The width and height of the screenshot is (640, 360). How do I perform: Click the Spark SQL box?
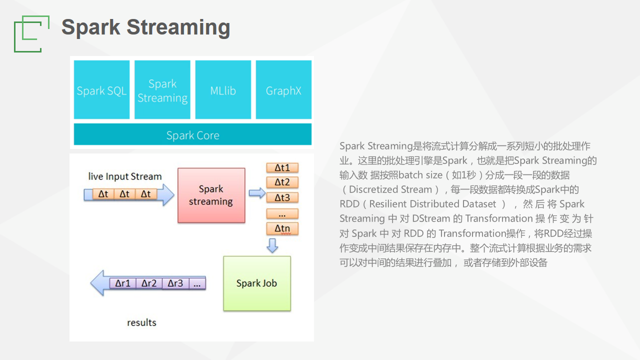(102, 90)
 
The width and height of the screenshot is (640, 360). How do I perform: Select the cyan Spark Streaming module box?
(162, 90)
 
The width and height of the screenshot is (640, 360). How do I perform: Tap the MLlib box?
(223, 90)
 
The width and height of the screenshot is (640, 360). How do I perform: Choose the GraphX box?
(283, 90)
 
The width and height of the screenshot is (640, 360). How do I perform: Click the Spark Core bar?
(192, 135)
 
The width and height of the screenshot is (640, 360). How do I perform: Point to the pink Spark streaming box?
(211, 195)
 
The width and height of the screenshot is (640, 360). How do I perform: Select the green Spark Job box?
(256, 283)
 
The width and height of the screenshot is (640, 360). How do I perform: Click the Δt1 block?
(282, 167)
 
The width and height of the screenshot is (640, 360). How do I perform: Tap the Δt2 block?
(282, 182)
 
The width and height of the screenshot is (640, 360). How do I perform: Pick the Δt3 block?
(282, 197)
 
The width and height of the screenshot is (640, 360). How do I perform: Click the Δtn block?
(282, 228)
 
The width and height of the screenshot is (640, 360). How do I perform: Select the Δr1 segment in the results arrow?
(123, 283)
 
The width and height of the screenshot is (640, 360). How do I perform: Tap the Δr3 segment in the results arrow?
(175, 283)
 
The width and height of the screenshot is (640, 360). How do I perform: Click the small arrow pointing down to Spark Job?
(272, 245)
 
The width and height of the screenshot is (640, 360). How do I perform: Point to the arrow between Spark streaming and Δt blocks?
(257, 193)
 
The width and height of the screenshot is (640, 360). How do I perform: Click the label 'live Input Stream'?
(125, 176)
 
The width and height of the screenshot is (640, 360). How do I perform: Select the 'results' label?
(141, 322)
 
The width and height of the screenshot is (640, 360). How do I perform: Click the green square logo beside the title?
(31, 33)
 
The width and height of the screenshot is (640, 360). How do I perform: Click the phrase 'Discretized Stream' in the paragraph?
(390, 189)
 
